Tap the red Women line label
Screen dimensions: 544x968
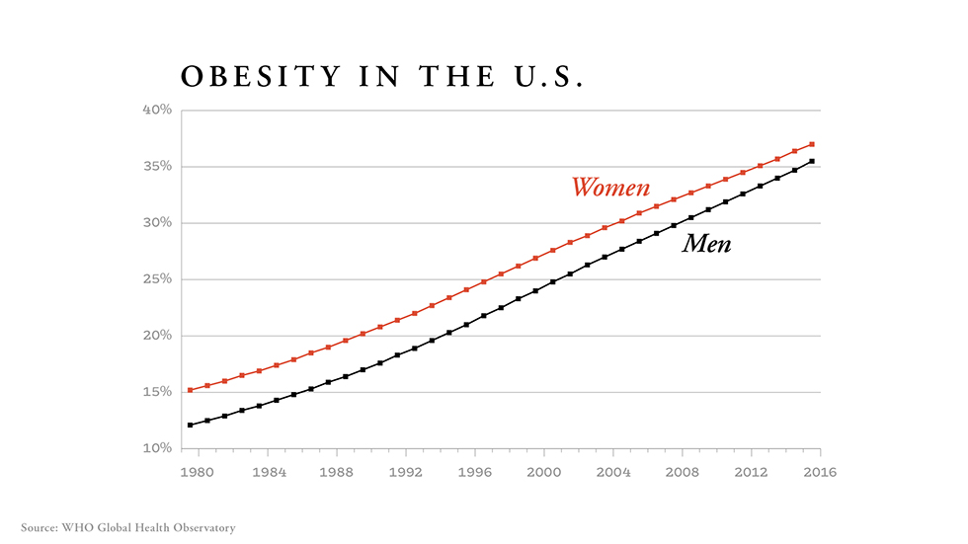(x=610, y=188)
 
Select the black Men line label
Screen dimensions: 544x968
(x=706, y=244)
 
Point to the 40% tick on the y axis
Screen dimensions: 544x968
(x=158, y=110)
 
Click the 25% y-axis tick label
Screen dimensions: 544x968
(x=158, y=279)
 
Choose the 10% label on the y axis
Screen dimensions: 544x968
(x=158, y=448)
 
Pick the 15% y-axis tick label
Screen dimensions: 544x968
(x=158, y=392)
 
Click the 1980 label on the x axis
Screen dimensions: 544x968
(x=199, y=472)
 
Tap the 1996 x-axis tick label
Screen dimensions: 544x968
(x=475, y=472)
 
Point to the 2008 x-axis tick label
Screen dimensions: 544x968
(x=683, y=472)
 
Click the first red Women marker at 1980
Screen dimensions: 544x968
(x=190, y=390)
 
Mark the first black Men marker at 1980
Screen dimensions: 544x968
(x=190, y=425)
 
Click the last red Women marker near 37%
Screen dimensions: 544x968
(x=812, y=144)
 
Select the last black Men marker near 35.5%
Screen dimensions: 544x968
(x=812, y=161)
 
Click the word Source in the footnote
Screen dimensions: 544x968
(x=40, y=528)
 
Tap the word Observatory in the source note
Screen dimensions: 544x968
(x=203, y=528)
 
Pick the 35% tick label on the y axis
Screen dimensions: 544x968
(x=158, y=166)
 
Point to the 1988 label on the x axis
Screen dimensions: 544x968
(x=337, y=472)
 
